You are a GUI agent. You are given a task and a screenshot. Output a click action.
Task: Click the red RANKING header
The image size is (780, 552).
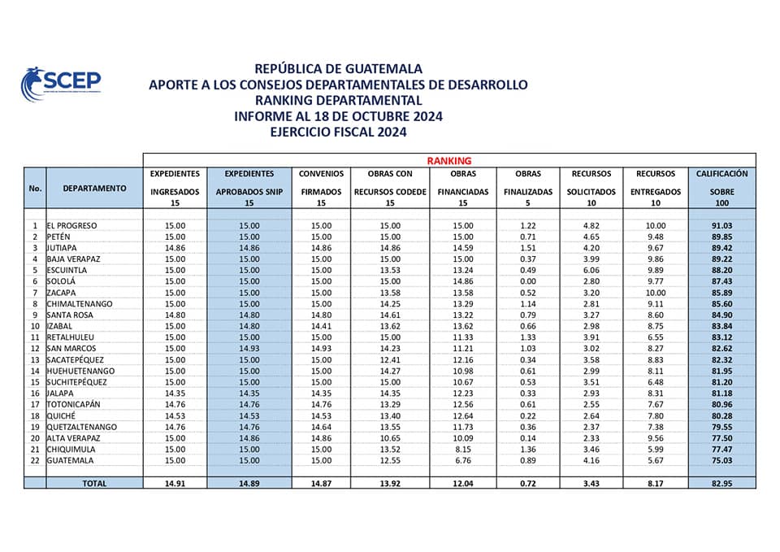pyautogui.click(x=449, y=161)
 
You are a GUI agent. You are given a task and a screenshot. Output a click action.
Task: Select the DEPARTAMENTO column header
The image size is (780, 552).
pyautogui.click(x=94, y=188)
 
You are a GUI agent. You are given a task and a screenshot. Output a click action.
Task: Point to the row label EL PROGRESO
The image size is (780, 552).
pyautogui.click(x=72, y=225)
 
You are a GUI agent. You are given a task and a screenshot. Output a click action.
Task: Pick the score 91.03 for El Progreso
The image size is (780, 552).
pyautogui.click(x=721, y=225)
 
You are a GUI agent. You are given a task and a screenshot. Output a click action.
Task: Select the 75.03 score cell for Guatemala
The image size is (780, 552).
pyautogui.click(x=721, y=459)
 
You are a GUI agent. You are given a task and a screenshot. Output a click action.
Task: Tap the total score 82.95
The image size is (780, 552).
pyautogui.click(x=721, y=483)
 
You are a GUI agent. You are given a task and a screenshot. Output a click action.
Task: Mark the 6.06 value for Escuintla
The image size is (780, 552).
pyautogui.click(x=591, y=270)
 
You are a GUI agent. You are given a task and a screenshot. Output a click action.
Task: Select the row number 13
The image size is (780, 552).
pyautogui.click(x=35, y=359)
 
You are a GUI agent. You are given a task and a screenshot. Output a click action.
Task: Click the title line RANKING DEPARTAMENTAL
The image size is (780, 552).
pyautogui.click(x=338, y=101)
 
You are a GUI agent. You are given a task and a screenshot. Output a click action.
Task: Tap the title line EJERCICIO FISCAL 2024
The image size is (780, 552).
pyautogui.click(x=338, y=132)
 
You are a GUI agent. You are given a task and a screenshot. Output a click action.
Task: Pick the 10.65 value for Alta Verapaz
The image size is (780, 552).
pyautogui.click(x=391, y=437)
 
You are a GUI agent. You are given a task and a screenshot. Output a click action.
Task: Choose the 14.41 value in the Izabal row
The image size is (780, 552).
pyautogui.click(x=322, y=326)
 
